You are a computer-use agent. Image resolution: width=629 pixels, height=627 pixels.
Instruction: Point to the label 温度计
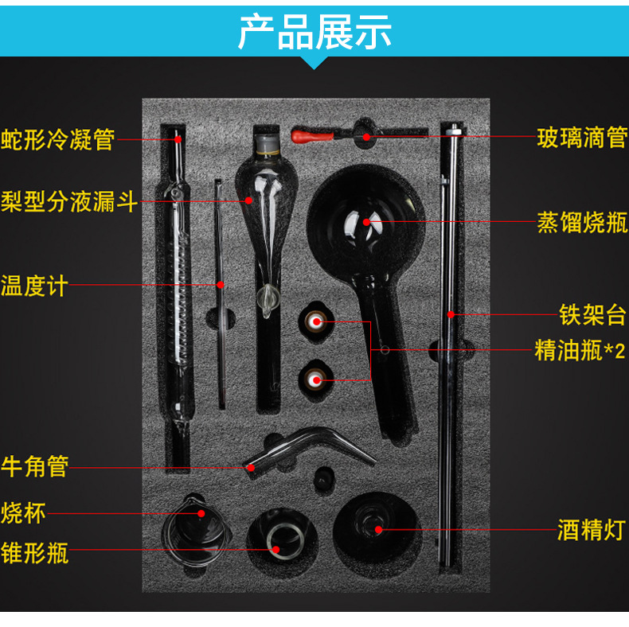[x=34, y=285]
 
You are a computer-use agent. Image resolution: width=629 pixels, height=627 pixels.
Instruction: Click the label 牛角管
[x=35, y=465]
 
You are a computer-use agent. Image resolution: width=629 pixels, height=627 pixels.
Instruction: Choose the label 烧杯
[x=24, y=512]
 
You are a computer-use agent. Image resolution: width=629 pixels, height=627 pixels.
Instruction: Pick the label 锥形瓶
[x=35, y=551]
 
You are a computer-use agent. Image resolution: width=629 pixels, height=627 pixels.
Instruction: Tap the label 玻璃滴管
[x=582, y=138]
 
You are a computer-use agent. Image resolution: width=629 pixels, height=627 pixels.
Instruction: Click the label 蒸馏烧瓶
[x=582, y=223]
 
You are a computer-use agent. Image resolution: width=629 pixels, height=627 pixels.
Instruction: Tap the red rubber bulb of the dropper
[x=306, y=134]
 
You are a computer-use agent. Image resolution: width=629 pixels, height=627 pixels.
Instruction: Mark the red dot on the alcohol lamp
[x=377, y=528]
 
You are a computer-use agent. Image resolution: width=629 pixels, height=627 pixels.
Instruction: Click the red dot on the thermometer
[x=221, y=284]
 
